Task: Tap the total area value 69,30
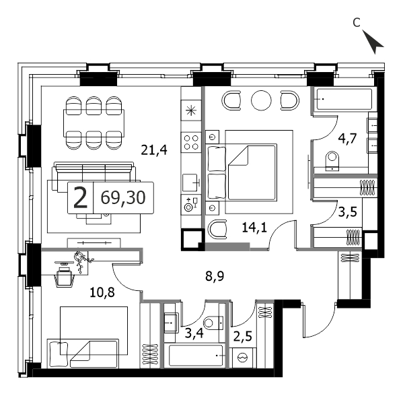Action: click(x=123, y=197)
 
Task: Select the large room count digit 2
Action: click(x=80, y=197)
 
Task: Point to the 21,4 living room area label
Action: click(x=154, y=150)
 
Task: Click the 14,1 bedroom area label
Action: click(x=255, y=228)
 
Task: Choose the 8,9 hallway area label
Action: click(x=215, y=276)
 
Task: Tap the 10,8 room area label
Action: click(x=102, y=292)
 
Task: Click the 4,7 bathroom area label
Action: click(x=347, y=139)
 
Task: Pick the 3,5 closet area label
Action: click(x=347, y=212)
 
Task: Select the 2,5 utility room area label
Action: click(x=242, y=336)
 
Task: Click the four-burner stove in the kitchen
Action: click(x=191, y=142)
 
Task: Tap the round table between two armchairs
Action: click(x=261, y=100)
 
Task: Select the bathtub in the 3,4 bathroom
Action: click(x=196, y=356)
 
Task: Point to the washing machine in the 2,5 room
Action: click(x=242, y=358)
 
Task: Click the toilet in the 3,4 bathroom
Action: click(x=214, y=323)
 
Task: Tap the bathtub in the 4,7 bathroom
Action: click(x=344, y=99)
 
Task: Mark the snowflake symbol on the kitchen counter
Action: click(x=191, y=110)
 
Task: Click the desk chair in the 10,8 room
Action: click(x=63, y=277)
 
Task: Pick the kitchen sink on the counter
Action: click(x=190, y=183)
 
